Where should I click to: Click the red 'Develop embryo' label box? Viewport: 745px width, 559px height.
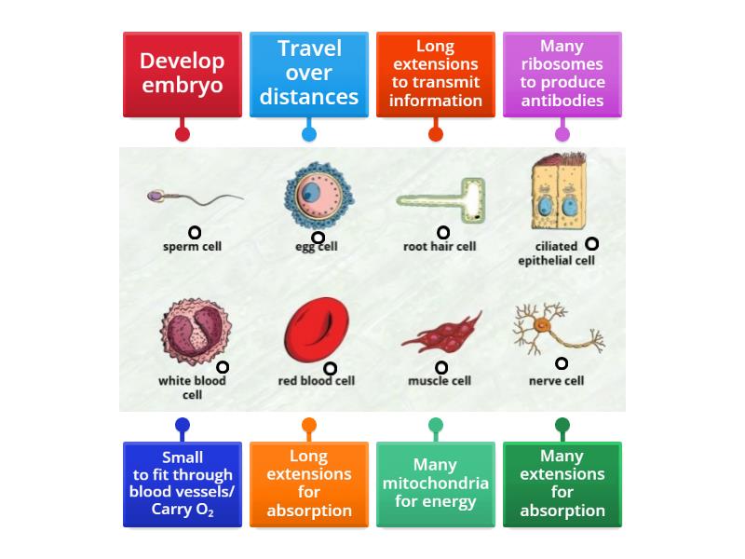tap(183, 74)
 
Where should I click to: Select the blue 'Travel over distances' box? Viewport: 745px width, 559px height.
tap(309, 74)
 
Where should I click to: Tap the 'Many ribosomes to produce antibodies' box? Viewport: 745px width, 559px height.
tap(562, 74)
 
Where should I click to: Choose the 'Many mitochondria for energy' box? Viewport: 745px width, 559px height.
tap(436, 484)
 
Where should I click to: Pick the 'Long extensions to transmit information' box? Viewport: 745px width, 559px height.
tap(436, 74)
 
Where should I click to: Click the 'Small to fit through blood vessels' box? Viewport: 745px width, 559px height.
tap(183, 484)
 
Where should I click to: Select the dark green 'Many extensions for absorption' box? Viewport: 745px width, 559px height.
tap(562, 484)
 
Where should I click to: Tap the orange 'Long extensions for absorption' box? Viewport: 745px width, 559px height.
tap(309, 484)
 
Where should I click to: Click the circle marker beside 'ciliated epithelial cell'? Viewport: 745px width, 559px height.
tap(591, 244)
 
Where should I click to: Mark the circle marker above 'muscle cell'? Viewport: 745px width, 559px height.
tap(441, 368)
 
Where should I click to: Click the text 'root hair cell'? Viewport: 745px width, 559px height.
tap(440, 247)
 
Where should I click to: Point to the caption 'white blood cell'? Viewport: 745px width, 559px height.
tap(193, 387)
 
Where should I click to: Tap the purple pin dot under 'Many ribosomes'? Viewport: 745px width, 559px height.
tap(562, 134)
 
